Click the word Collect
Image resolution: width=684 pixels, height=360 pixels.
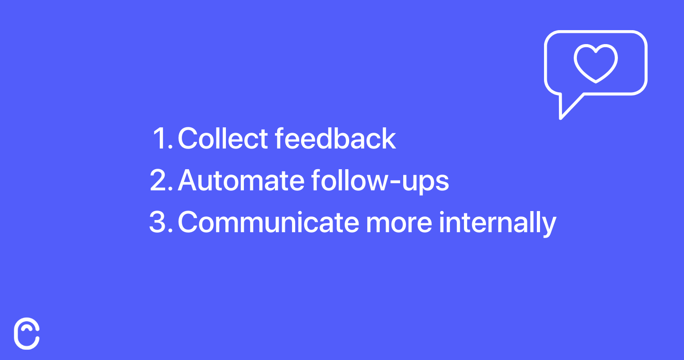(x=223, y=138)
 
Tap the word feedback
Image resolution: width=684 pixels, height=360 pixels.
(x=335, y=138)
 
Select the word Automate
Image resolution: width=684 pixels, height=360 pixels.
(x=241, y=180)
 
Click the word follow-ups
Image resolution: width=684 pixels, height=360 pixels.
(x=380, y=181)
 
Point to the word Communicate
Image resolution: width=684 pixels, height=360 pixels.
(x=268, y=222)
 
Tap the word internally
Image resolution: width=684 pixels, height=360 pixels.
(x=498, y=224)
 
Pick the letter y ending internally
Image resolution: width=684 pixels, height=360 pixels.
(x=549, y=226)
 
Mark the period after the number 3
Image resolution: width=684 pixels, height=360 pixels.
(x=171, y=231)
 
